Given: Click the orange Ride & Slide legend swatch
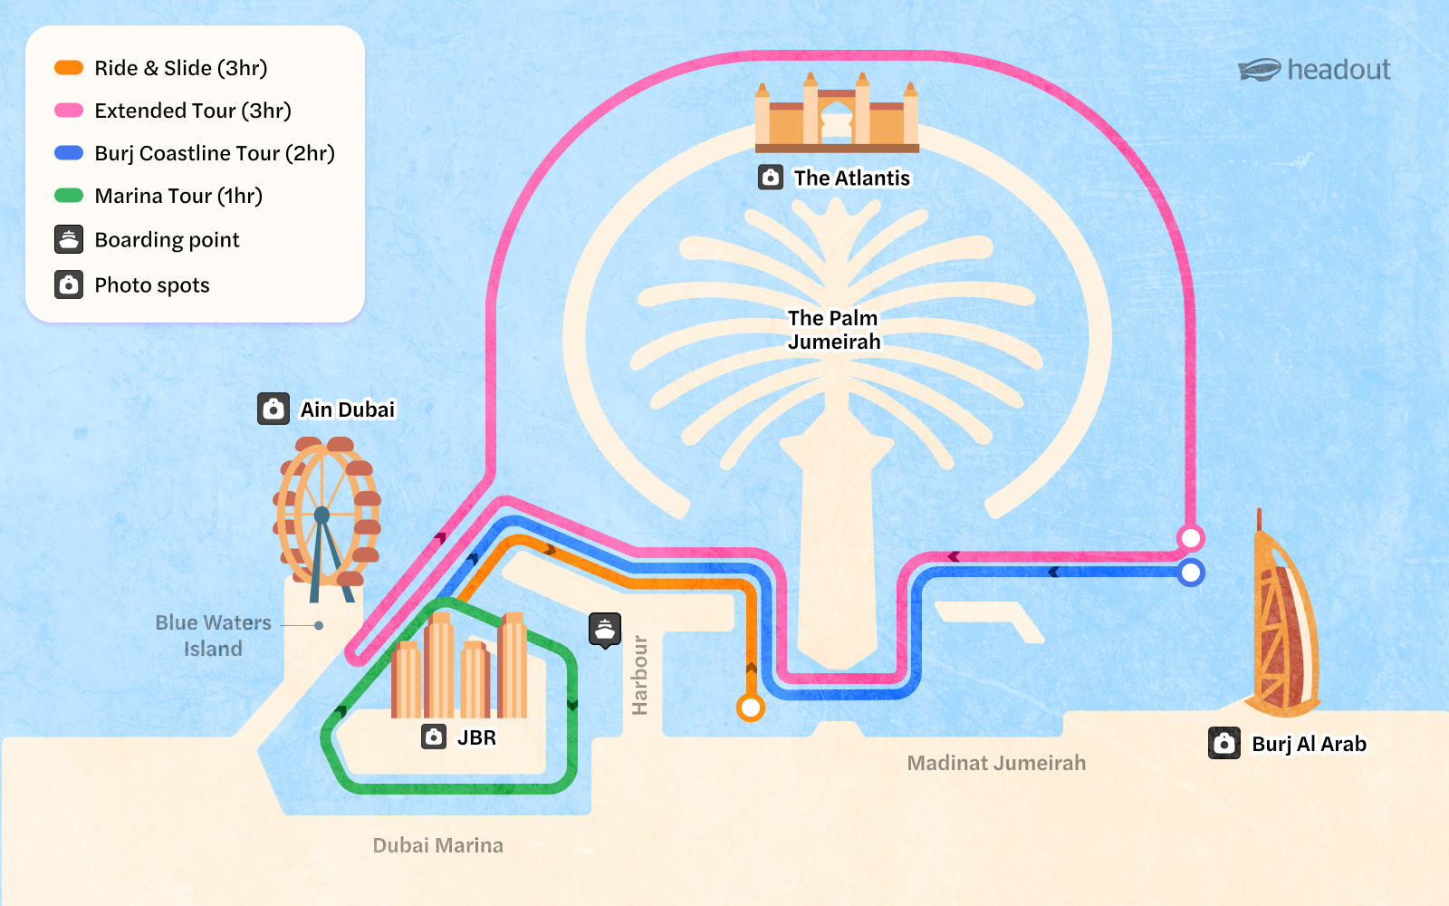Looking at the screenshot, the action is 69,68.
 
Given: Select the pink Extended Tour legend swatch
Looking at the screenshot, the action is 69,111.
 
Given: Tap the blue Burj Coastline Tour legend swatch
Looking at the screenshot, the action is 69,153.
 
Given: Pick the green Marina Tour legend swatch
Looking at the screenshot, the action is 69,196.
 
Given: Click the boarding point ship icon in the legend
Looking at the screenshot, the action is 69,239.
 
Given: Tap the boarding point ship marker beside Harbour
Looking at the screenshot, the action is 605,629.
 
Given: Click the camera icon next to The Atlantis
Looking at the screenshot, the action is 771,178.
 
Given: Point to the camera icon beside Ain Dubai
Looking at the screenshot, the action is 273,409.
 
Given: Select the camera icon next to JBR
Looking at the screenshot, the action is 434,737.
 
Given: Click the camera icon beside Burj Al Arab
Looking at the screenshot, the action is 1224,744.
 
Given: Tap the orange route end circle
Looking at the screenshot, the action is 750,707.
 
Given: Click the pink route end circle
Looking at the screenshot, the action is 1191,538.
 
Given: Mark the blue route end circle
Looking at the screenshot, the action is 1191,573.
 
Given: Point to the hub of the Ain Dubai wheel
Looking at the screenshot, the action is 321,516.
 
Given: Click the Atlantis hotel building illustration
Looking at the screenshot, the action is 837,113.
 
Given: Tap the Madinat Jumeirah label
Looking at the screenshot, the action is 996,763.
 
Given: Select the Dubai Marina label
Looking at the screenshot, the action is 438,845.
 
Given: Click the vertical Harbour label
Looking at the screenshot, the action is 640,675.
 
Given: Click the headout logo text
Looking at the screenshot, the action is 1339,70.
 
